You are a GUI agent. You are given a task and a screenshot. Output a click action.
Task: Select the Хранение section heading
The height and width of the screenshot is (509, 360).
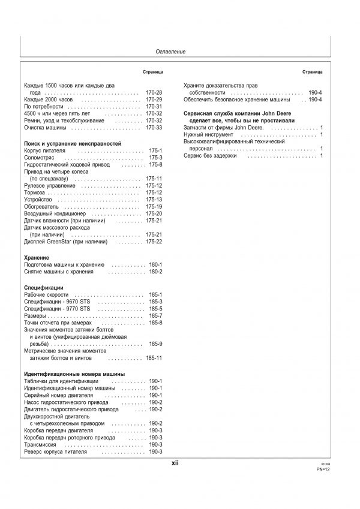37,257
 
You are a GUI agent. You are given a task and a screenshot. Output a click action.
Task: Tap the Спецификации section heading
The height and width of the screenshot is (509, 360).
43,288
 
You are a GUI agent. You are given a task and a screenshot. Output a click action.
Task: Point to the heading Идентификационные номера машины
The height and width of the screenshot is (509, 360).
74,374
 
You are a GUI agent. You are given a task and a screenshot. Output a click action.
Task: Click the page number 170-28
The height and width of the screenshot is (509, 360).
154,93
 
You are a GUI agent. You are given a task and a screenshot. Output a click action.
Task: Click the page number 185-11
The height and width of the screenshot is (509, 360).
154,358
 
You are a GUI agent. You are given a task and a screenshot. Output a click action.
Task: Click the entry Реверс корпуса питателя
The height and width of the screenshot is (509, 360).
55,451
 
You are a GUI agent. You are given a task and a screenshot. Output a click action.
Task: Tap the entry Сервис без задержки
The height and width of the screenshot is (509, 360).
210,156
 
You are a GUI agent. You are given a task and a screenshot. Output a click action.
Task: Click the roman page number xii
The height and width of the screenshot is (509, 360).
175,463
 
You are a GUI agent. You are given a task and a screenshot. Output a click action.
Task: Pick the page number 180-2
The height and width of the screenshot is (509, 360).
155,272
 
